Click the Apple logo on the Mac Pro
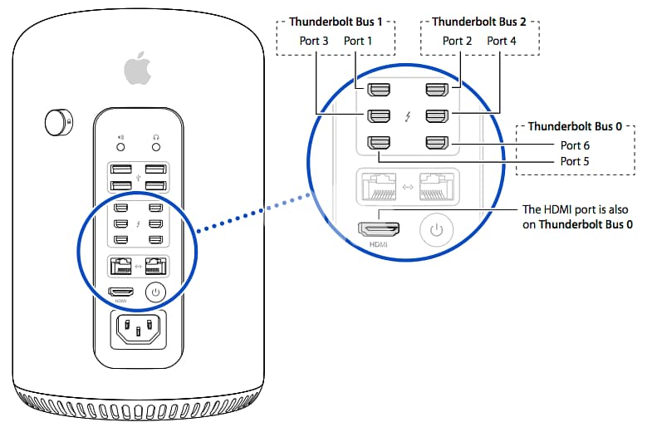pyautogui.click(x=138, y=71)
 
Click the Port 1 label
pyautogui.click(x=358, y=41)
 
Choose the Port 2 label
pyautogui.click(x=457, y=41)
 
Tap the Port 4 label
pyautogui.click(x=502, y=41)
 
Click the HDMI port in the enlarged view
pyautogui.click(x=379, y=228)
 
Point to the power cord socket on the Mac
pyautogui.click(x=138, y=331)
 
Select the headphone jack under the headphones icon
pyautogui.click(x=155, y=147)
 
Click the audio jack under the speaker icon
pyautogui.click(x=121, y=147)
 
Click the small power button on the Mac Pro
pyautogui.click(x=155, y=292)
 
